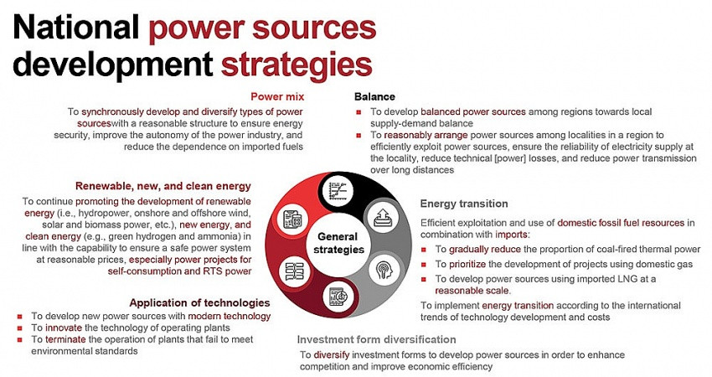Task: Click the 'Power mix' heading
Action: tap(277, 96)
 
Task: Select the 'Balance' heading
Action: tap(374, 96)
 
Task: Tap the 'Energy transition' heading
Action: tap(465, 204)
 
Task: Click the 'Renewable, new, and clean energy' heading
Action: tap(163, 186)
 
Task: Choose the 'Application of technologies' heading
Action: tap(199, 302)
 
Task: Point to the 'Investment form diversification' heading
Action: tap(376, 339)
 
